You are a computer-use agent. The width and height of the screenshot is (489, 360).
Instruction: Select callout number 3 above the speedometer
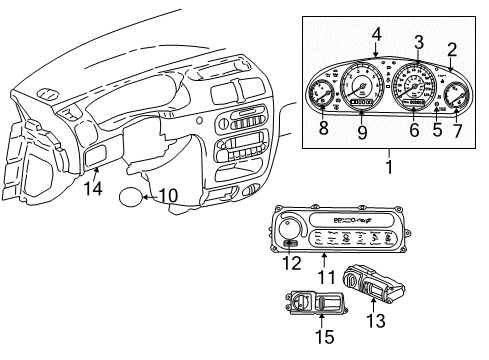(x=419, y=41)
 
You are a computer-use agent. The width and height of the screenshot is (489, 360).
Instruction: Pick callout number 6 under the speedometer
(x=413, y=128)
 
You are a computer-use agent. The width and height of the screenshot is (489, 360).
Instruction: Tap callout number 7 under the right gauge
(x=457, y=128)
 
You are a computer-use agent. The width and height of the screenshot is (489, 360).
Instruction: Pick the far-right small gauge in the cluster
(x=459, y=97)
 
